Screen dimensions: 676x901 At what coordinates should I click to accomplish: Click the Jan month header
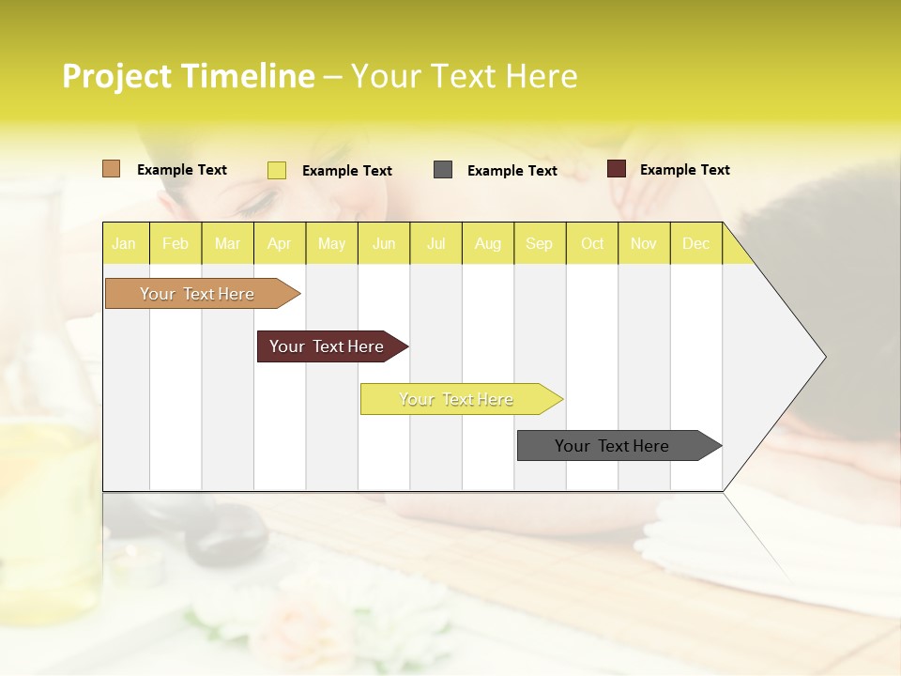[124, 243]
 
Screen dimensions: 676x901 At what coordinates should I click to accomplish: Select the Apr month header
[279, 243]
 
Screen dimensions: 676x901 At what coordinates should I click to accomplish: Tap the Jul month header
[435, 243]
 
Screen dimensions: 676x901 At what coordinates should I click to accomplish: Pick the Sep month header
[539, 243]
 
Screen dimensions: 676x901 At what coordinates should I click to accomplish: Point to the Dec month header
[695, 243]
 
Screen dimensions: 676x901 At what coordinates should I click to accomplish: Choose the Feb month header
[176, 243]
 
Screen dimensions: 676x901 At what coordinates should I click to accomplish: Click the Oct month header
[592, 243]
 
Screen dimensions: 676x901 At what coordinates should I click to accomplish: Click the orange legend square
[111, 169]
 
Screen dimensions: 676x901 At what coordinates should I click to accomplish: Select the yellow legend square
[276, 170]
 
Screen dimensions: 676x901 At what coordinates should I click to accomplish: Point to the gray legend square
[443, 170]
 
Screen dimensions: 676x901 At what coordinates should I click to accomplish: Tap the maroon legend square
[616, 169]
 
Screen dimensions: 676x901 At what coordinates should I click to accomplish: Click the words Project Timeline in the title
[188, 76]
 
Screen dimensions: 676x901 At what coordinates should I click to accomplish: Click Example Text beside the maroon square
[684, 170]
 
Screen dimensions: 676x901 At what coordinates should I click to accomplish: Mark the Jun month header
[384, 243]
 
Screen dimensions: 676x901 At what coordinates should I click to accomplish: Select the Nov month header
[644, 243]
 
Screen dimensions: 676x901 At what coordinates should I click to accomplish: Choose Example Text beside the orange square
[181, 170]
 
